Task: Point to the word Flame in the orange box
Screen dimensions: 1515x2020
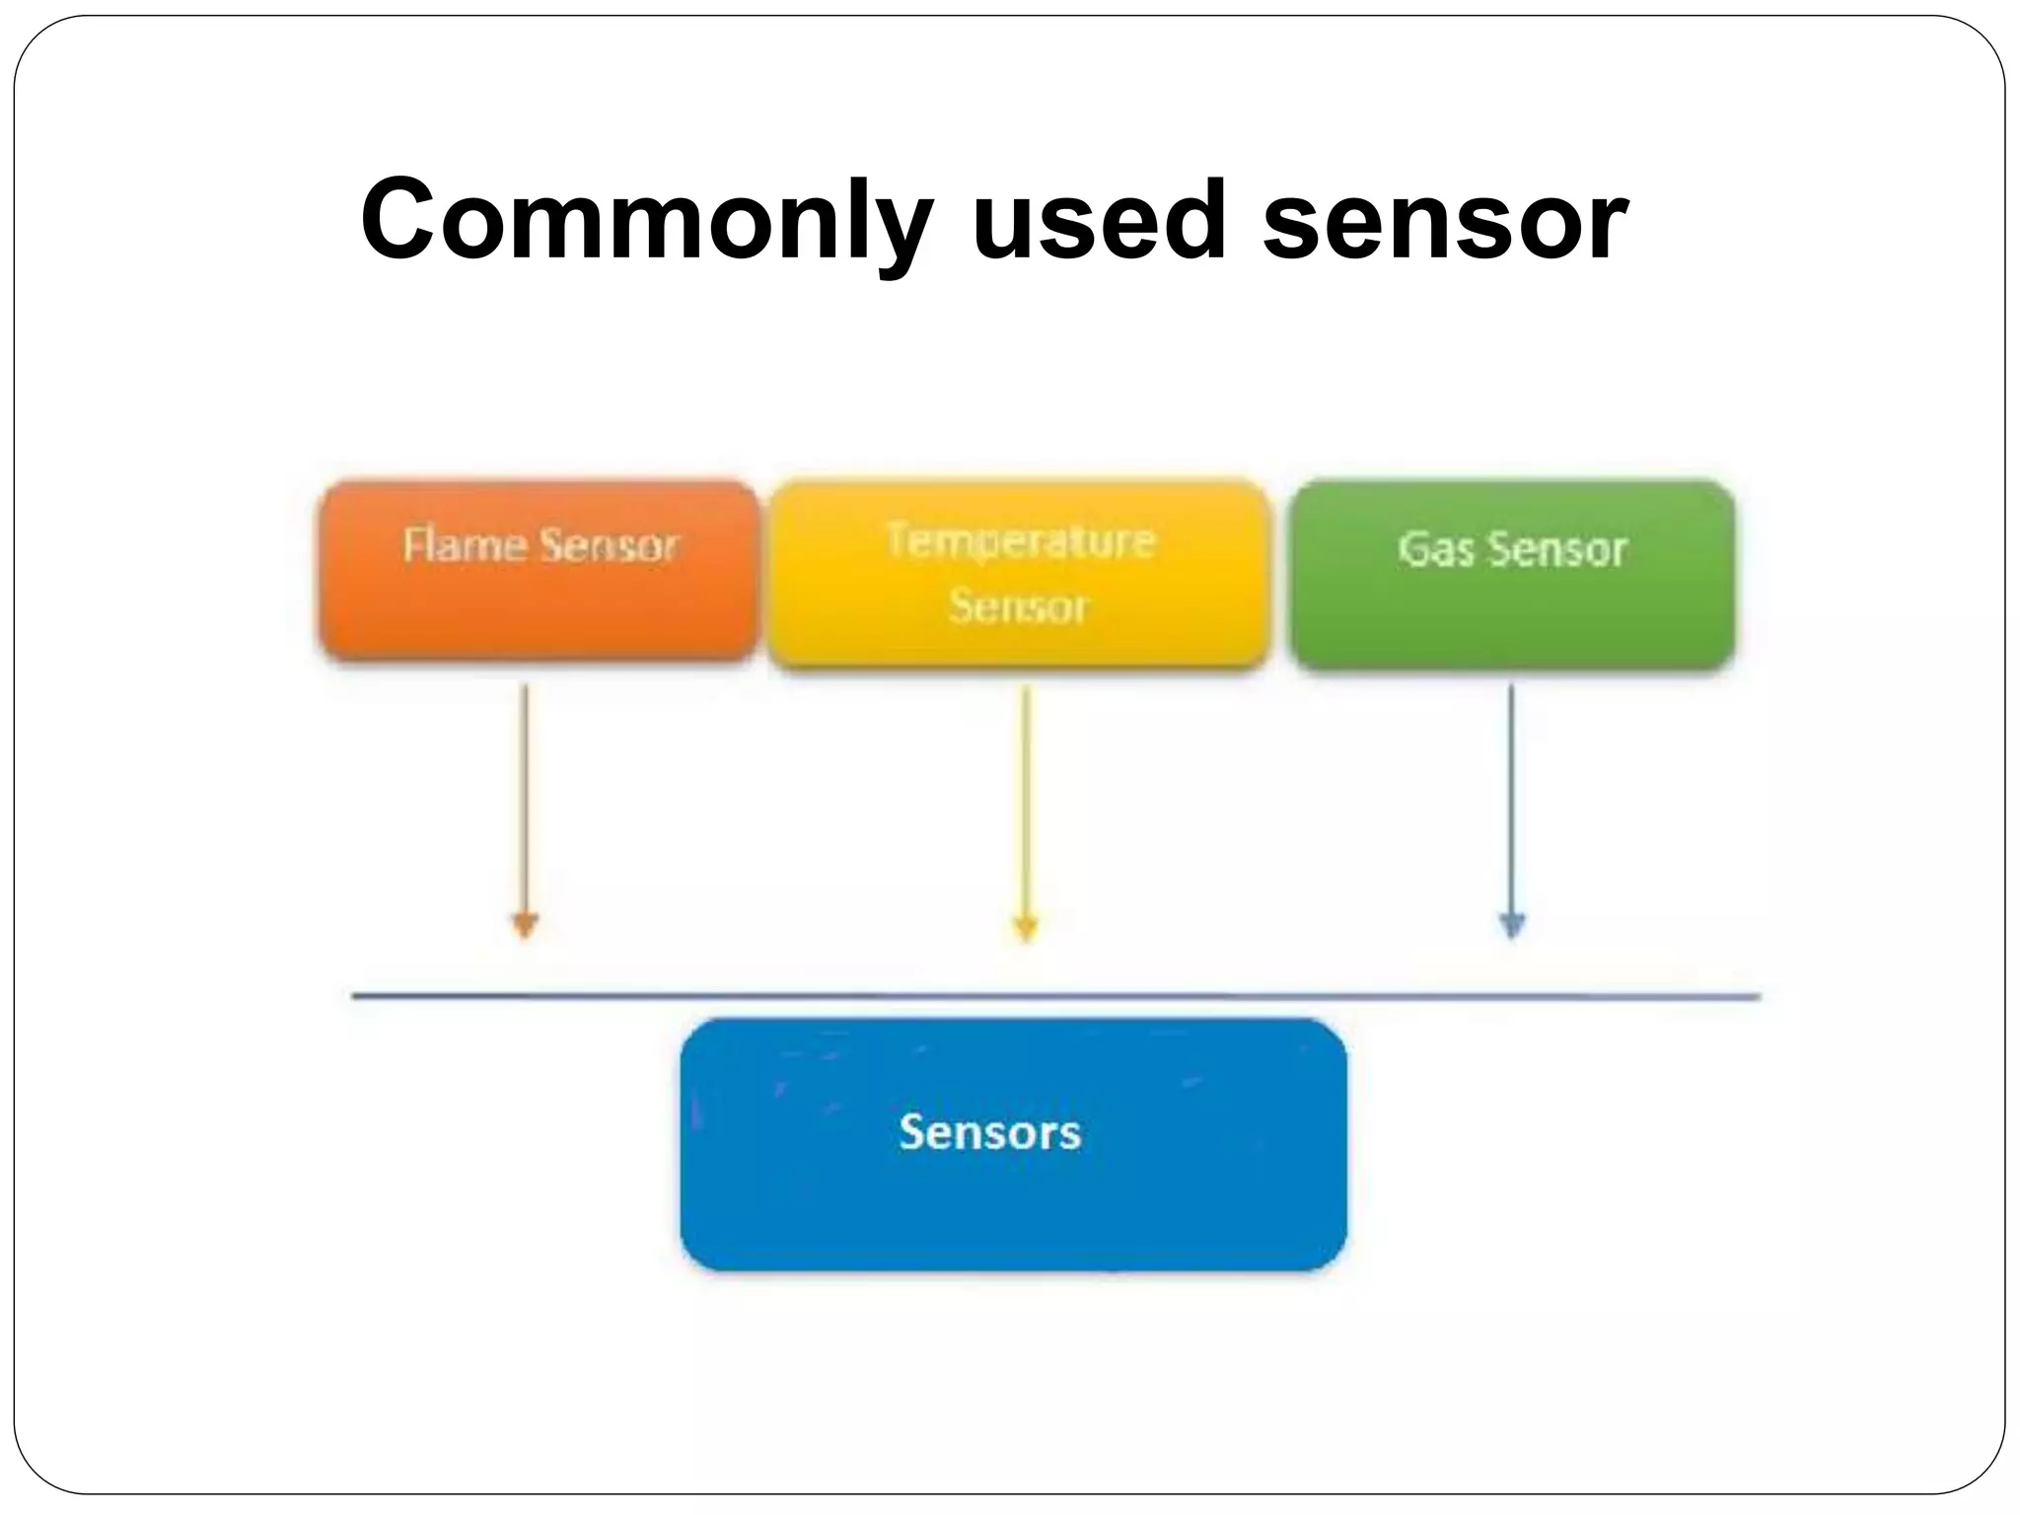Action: (x=465, y=544)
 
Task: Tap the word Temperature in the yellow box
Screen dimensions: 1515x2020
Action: (x=1020, y=541)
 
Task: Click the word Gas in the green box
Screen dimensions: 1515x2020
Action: (x=1436, y=549)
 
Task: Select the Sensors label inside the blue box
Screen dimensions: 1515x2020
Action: (x=990, y=1131)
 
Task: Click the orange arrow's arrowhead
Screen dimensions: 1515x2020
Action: (x=525, y=925)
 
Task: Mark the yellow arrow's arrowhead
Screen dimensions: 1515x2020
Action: (x=1026, y=927)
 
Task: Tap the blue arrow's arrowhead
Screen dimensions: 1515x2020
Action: (x=1512, y=925)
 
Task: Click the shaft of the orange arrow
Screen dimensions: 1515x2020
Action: (x=525, y=799)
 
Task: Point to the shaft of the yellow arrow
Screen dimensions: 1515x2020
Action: (x=1026, y=799)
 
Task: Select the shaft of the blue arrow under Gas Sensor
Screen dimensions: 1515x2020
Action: (x=1511, y=799)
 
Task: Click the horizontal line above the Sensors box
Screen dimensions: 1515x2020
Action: (x=1055, y=996)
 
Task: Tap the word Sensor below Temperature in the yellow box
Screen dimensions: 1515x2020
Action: (x=1018, y=606)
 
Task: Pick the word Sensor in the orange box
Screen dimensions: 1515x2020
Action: (x=610, y=545)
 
